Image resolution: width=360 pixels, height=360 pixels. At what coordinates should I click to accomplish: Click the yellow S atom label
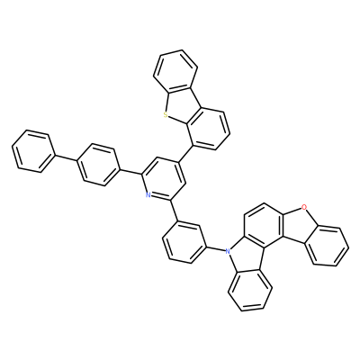point(165,114)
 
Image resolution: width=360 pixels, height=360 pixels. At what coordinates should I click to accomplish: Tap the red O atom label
point(304,206)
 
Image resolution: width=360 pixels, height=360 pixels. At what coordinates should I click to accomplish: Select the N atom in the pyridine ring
point(148,195)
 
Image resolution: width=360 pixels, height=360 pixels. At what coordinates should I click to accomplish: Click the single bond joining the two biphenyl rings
point(67,157)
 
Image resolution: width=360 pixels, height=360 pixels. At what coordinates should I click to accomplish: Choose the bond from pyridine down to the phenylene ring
point(175,211)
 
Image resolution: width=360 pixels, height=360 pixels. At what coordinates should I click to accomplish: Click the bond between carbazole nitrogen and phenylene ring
point(216,247)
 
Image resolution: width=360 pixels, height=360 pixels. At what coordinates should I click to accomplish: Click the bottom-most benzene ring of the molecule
point(250,291)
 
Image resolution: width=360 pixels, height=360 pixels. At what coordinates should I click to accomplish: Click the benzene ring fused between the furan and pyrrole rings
point(264,224)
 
